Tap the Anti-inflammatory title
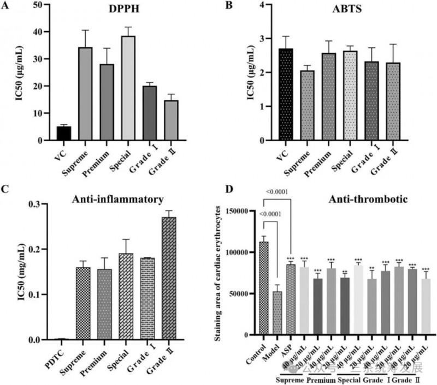click(117, 200)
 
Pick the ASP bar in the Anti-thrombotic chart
click(291, 299)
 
